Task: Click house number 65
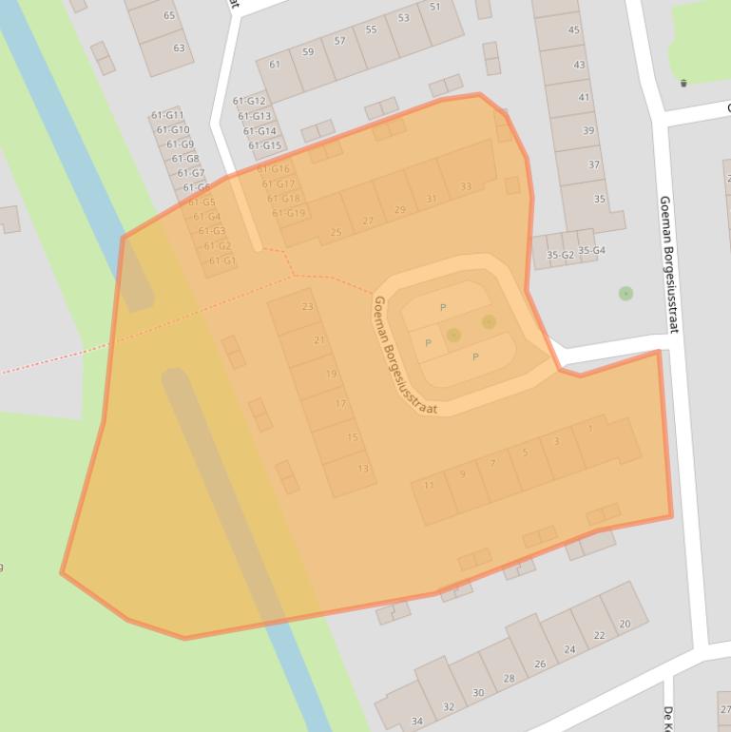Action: pos(169,15)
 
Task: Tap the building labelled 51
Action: pos(435,8)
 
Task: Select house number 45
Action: pos(574,30)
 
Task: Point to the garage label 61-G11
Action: pos(167,115)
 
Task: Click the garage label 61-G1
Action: pos(221,260)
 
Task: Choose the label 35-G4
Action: pos(591,251)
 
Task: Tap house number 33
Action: pos(466,187)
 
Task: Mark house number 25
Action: pos(336,232)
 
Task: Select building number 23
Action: pos(307,306)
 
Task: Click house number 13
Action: pos(363,469)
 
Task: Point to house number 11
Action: pos(429,486)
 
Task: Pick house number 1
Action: pos(590,430)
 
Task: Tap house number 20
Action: pos(625,625)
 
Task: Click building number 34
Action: pos(416,722)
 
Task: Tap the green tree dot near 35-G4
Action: pos(625,294)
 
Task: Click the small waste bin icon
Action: pos(683,84)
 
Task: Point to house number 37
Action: pos(594,165)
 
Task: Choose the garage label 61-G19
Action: pos(289,213)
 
